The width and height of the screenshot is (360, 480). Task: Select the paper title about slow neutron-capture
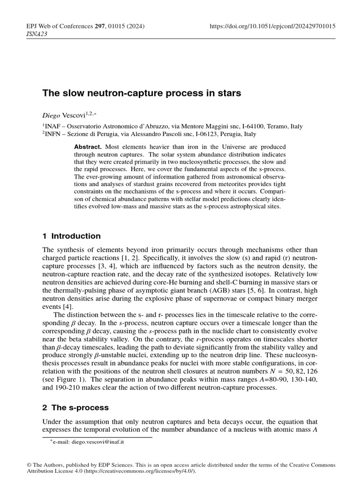(x=142, y=93)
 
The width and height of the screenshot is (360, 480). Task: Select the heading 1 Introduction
(x=71, y=236)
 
